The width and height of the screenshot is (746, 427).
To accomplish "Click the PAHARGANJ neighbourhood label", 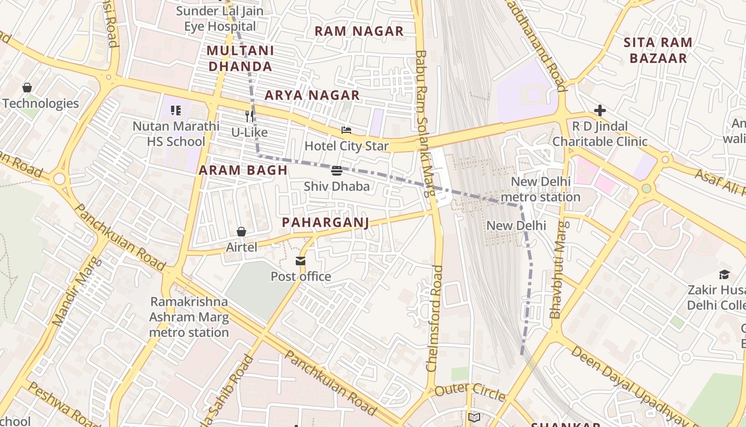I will coord(325,222).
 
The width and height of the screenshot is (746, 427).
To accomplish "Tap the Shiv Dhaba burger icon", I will coord(336,171).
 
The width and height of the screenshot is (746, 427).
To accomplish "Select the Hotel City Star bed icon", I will coord(346,130).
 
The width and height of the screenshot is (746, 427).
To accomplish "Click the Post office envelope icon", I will coord(301,260).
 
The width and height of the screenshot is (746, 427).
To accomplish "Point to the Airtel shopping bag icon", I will coord(241,232).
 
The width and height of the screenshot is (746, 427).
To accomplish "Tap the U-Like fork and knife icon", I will coord(249,116).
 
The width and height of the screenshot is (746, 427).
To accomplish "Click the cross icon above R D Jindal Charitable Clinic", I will coord(600,110).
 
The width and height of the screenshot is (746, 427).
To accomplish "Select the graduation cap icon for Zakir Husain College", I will coord(724,275).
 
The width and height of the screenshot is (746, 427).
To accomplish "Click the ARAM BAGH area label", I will coord(243,170).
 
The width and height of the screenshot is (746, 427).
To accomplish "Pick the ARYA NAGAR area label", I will coord(312,96).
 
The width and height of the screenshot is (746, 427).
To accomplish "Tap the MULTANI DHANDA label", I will coord(240,59).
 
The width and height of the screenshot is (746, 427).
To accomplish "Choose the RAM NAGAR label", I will coord(359,31).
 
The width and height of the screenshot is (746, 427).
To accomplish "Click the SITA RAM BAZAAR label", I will coord(658,50).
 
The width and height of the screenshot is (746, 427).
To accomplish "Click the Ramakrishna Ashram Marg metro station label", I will coord(189,317).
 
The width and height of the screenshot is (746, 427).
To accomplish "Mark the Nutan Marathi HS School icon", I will coord(176,110).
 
